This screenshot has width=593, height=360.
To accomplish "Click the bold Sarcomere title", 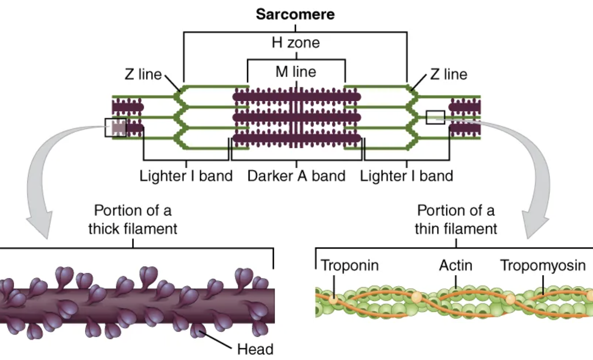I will point(295,14).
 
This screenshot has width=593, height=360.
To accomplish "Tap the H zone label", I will point(295,43).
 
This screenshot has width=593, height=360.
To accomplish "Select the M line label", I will point(296,72).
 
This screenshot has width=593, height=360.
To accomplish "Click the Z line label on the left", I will point(143,74).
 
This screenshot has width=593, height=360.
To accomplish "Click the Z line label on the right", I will point(449,74).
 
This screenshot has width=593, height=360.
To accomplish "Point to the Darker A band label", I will point(296,176).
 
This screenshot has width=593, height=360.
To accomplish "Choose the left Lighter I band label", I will point(186,176).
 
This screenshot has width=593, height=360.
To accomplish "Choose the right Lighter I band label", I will point(406,176).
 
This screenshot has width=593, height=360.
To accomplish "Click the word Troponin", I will point(349,265).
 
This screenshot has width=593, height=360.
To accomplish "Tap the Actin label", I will point(455,265).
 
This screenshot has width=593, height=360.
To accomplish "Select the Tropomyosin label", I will point(543,265).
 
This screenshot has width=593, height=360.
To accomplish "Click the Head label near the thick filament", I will point(255,349).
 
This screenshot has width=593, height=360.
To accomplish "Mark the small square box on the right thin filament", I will point(435,118).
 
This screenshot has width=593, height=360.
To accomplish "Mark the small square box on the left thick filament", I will point(115,128).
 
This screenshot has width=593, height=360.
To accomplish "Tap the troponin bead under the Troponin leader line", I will point(333,299).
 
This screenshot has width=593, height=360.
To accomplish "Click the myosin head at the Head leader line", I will point(198,330).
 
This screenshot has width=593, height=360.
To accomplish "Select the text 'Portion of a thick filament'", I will point(133,220).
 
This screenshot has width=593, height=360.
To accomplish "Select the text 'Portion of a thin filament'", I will point(456,220).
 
